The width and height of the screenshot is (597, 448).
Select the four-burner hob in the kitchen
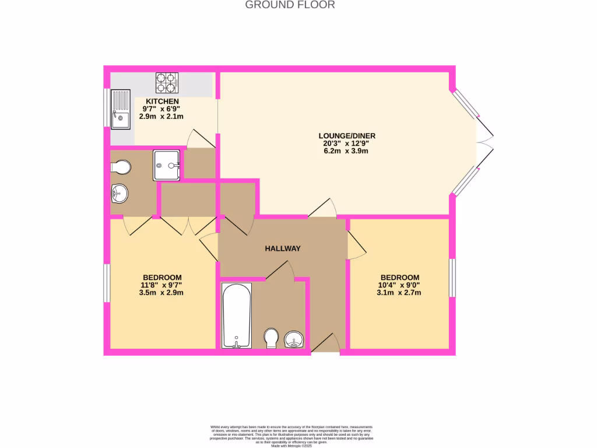(166, 82)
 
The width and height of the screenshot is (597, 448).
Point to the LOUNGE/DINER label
(343, 135)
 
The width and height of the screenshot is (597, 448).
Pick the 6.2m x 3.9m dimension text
(343, 150)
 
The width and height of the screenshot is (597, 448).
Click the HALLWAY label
(283, 249)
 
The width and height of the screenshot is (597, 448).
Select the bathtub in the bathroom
(237, 315)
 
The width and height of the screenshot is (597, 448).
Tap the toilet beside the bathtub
(271, 338)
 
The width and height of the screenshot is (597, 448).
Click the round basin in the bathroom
(294, 339)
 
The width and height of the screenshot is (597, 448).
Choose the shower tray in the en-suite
(166, 164)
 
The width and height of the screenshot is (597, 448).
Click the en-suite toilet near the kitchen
(121, 167)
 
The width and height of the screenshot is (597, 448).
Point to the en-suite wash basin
(119, 192)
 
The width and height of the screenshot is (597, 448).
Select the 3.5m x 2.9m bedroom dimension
(161, 293)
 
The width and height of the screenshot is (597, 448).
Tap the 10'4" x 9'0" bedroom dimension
(399, 285)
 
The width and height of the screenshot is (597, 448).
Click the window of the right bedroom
(452, 277)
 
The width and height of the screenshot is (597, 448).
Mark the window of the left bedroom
(107, 283)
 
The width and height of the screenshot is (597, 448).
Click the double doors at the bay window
(485, 142)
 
